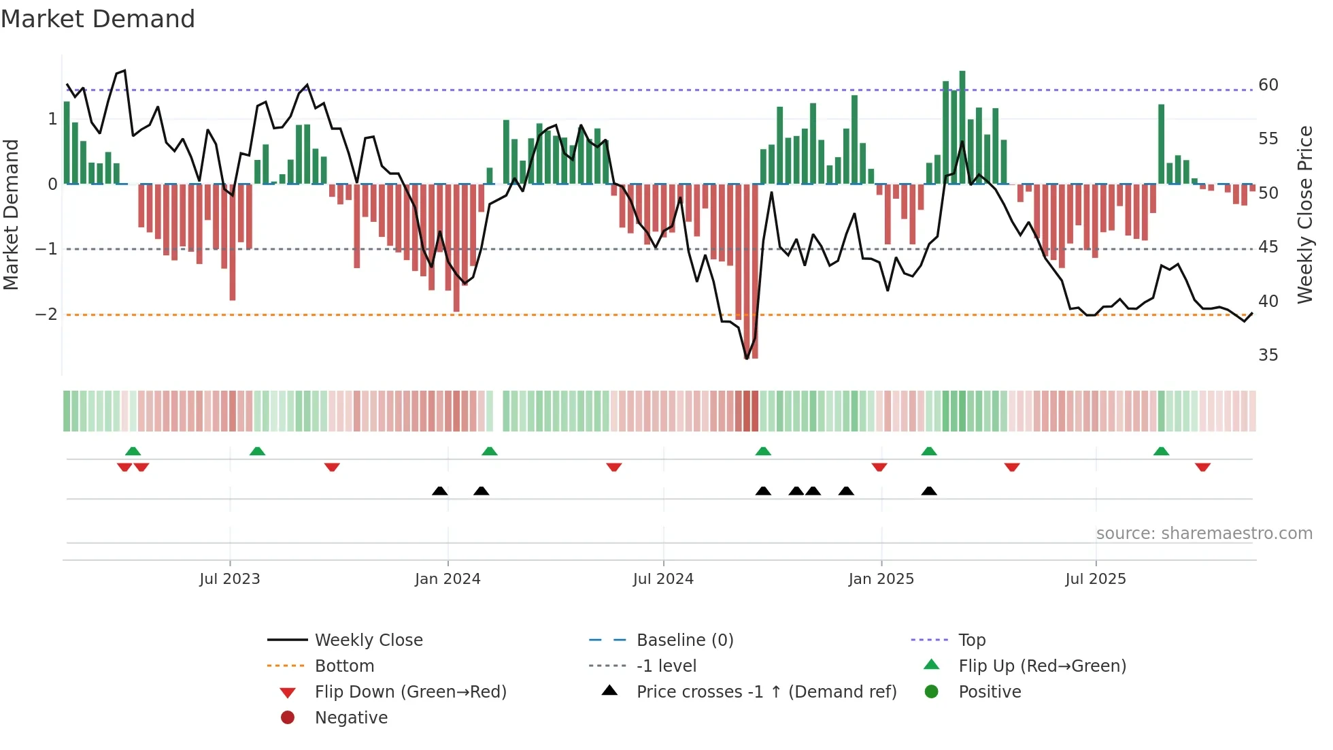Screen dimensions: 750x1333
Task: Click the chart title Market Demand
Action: pyautogui.click(x=98, y=19)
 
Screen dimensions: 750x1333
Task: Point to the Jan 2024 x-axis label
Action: pyautogui.click(x=448, y=579)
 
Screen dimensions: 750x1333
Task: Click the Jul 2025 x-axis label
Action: pyautogui.click(x=1095, y=579)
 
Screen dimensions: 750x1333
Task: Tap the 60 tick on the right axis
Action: pyautogui.click(x=1268, y=85)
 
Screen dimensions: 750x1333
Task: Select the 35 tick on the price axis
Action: pyautogui.click(x=1268, y=355)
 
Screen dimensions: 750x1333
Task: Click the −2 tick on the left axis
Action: pyautogui.click(x=47, y=314)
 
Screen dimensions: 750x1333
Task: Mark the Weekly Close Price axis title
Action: pyautogui.click(x=1304, y=214)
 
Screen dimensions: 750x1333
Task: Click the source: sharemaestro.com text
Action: pyautogui.click(x=1204, y=534)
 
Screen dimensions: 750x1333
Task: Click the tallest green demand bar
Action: pyautogui.click(x=962, y=127)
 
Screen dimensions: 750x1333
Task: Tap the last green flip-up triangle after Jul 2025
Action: pyautogui.click(x=1161, y=451)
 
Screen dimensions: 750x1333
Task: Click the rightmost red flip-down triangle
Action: pyautogui.click(x=1202, y=467)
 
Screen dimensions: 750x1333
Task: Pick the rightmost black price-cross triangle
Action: pyautogui.click(x=929, y=491)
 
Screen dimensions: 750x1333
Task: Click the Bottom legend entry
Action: pyautogui.click(x=344, y=666)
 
